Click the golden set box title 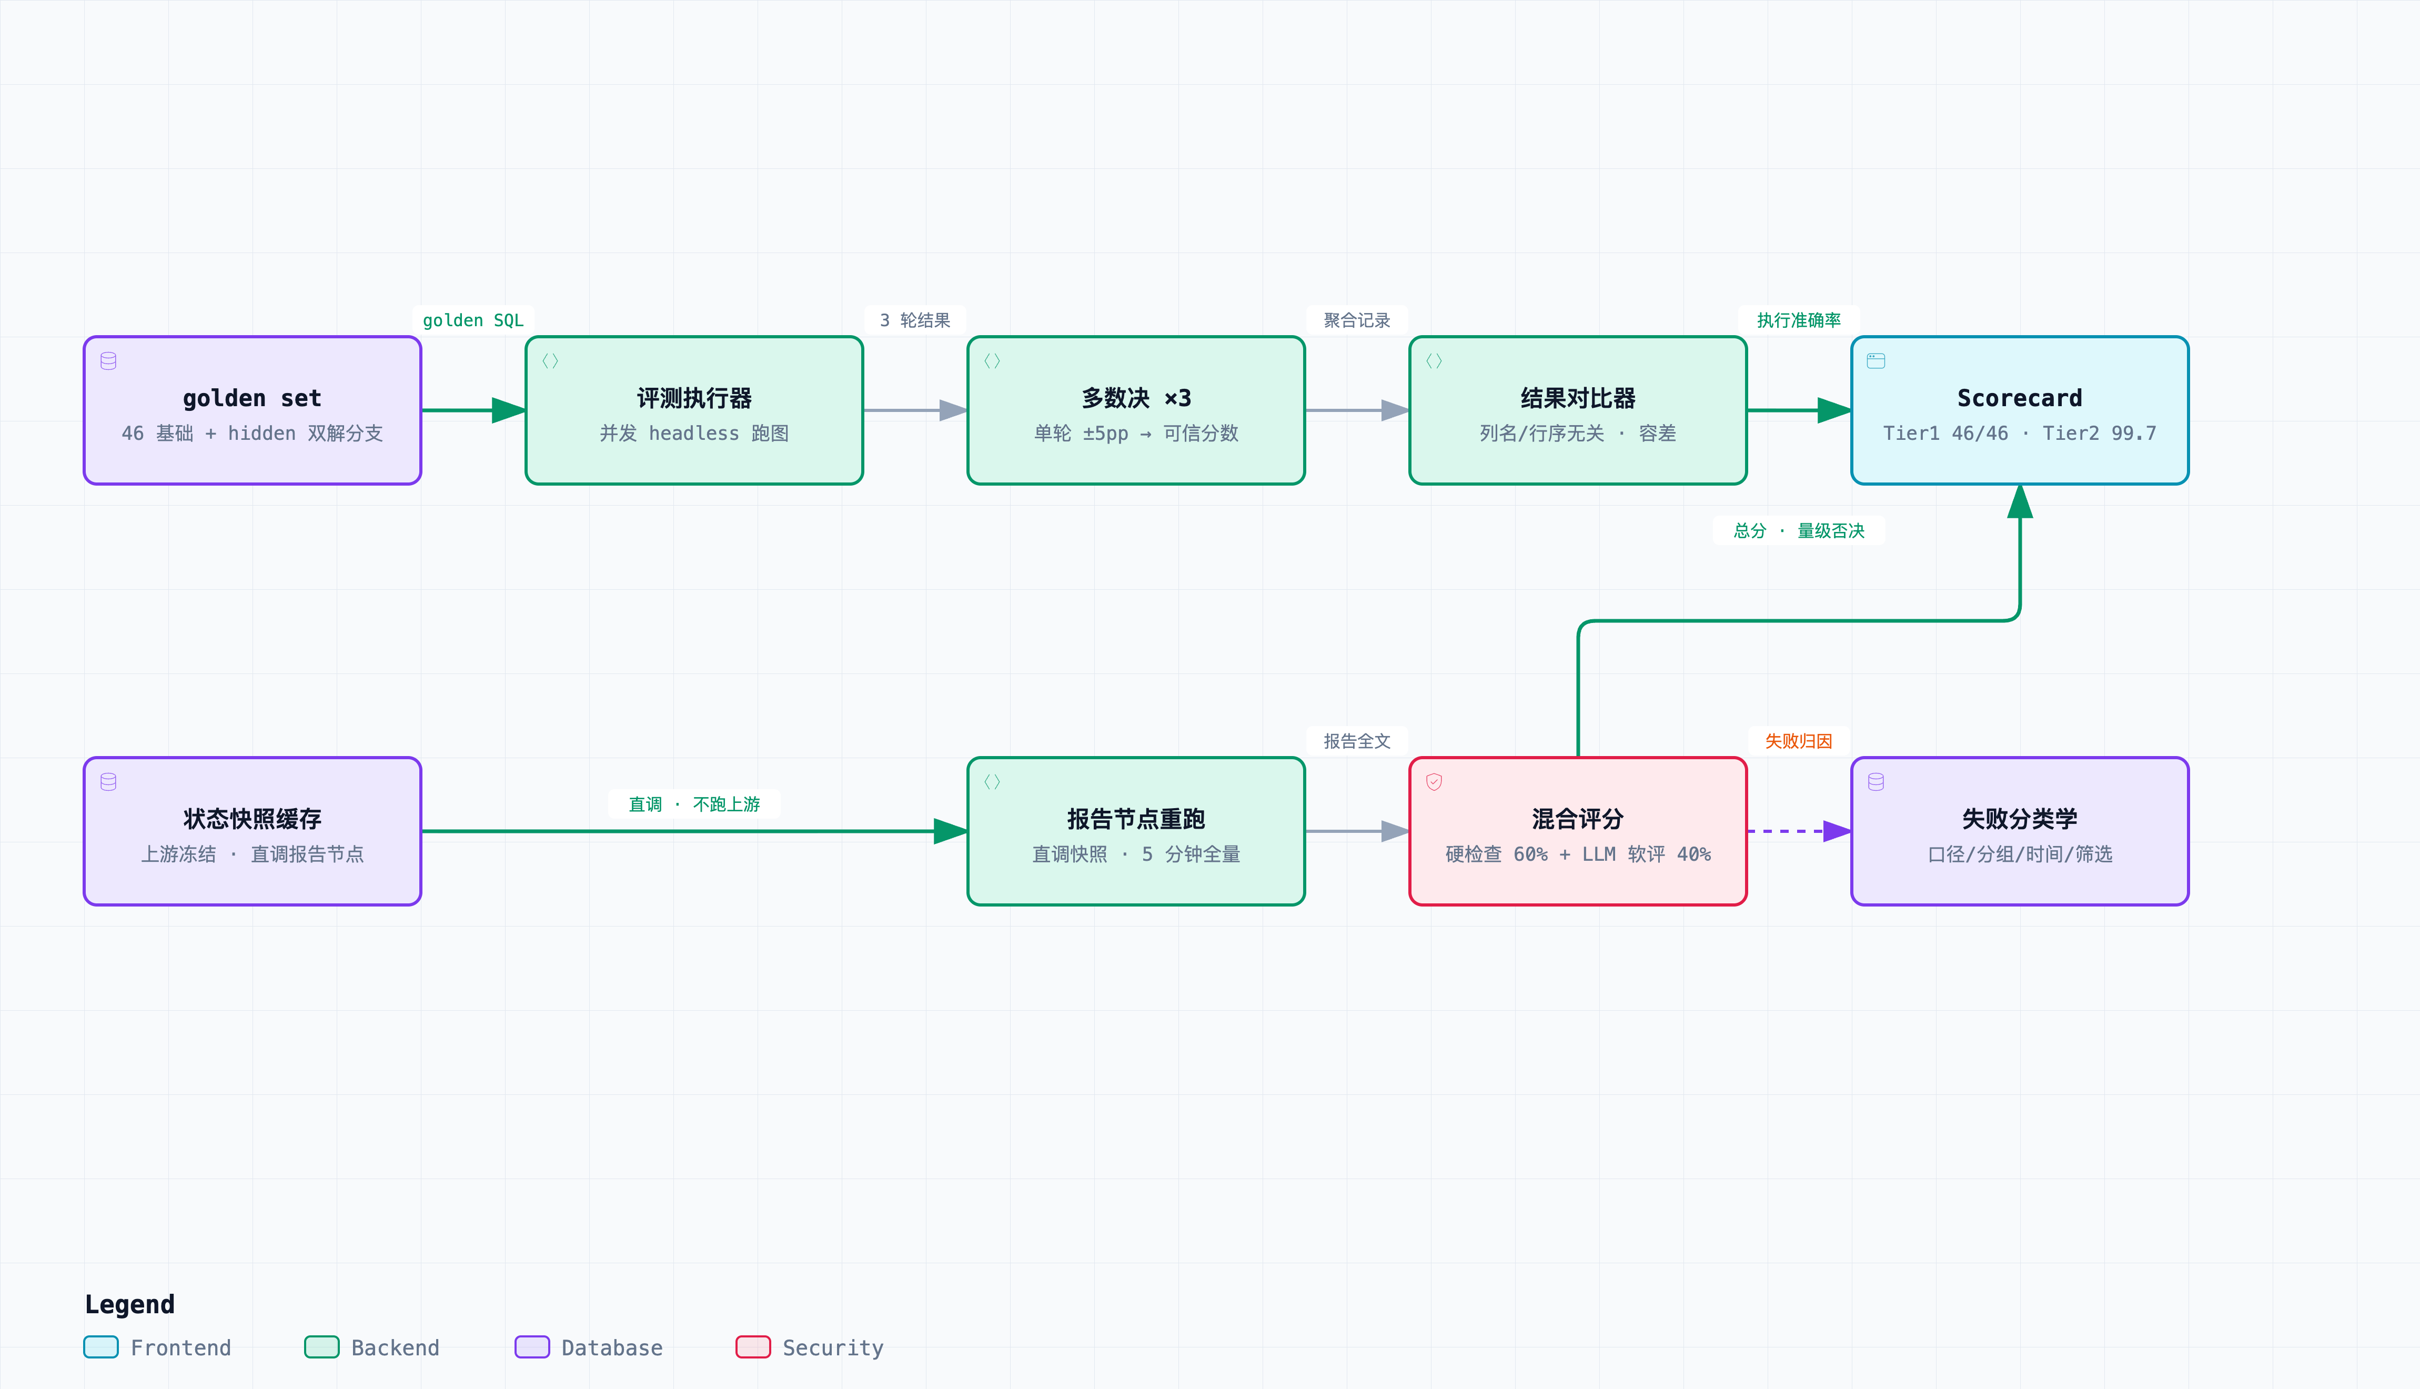(252, 398)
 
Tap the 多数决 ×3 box (1135, 410)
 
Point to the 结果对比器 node (1578, 410)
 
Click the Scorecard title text (2019, 398)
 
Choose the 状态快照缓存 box (252, 831)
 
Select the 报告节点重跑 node (1135, 831)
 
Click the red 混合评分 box (1578, 831)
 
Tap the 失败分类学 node (2019, 831)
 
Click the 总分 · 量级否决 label (1798, 530)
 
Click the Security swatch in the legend (753, 1347)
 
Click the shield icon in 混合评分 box (1434, 781)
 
